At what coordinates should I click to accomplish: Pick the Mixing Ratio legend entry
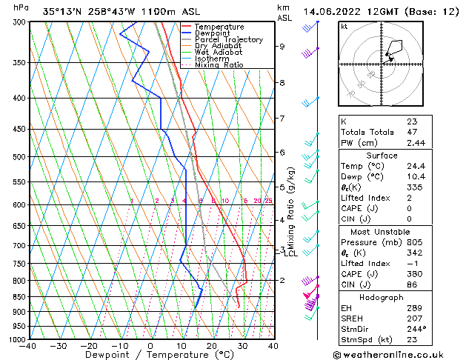(x=219, y=65)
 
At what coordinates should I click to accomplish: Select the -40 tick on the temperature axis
(x=29, y=346)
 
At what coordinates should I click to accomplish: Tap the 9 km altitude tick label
(x=282, y=47)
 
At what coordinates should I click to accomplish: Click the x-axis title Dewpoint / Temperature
(x=150, y=355)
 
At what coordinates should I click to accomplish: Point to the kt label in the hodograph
(x=344, y=26)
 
